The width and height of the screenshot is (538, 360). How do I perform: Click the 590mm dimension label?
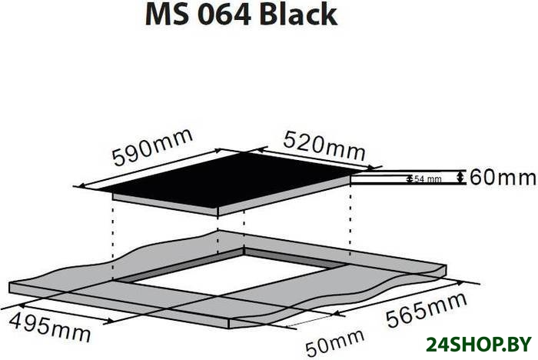point(153,147)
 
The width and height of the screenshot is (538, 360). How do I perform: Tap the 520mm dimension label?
point(324,146)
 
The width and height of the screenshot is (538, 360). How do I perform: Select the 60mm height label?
point(503,178)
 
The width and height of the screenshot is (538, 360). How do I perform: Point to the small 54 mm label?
point(428,179)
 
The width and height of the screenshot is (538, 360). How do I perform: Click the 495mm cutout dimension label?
point(50,328)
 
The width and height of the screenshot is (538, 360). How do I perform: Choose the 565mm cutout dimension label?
point(427,310)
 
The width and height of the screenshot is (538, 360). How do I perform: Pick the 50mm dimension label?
point(334,343)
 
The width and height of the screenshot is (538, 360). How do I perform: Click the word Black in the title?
point(298,15)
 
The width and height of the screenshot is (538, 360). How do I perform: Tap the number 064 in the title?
point(225,15)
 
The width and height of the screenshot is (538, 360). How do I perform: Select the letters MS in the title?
point(167,15)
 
